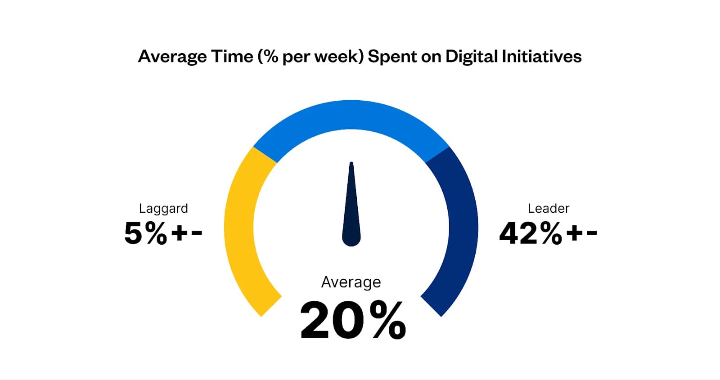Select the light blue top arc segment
point(351,115)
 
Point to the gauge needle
point(351,207)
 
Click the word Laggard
point(163,209)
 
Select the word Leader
point(548,209)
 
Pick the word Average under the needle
point(351,282)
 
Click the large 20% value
point(353,320)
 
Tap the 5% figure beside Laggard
point(145,233)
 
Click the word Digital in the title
point(471,57)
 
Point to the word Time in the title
point(232,57)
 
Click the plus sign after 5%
point(179,233)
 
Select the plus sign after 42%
point(574,233)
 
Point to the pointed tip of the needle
point(351,164)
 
